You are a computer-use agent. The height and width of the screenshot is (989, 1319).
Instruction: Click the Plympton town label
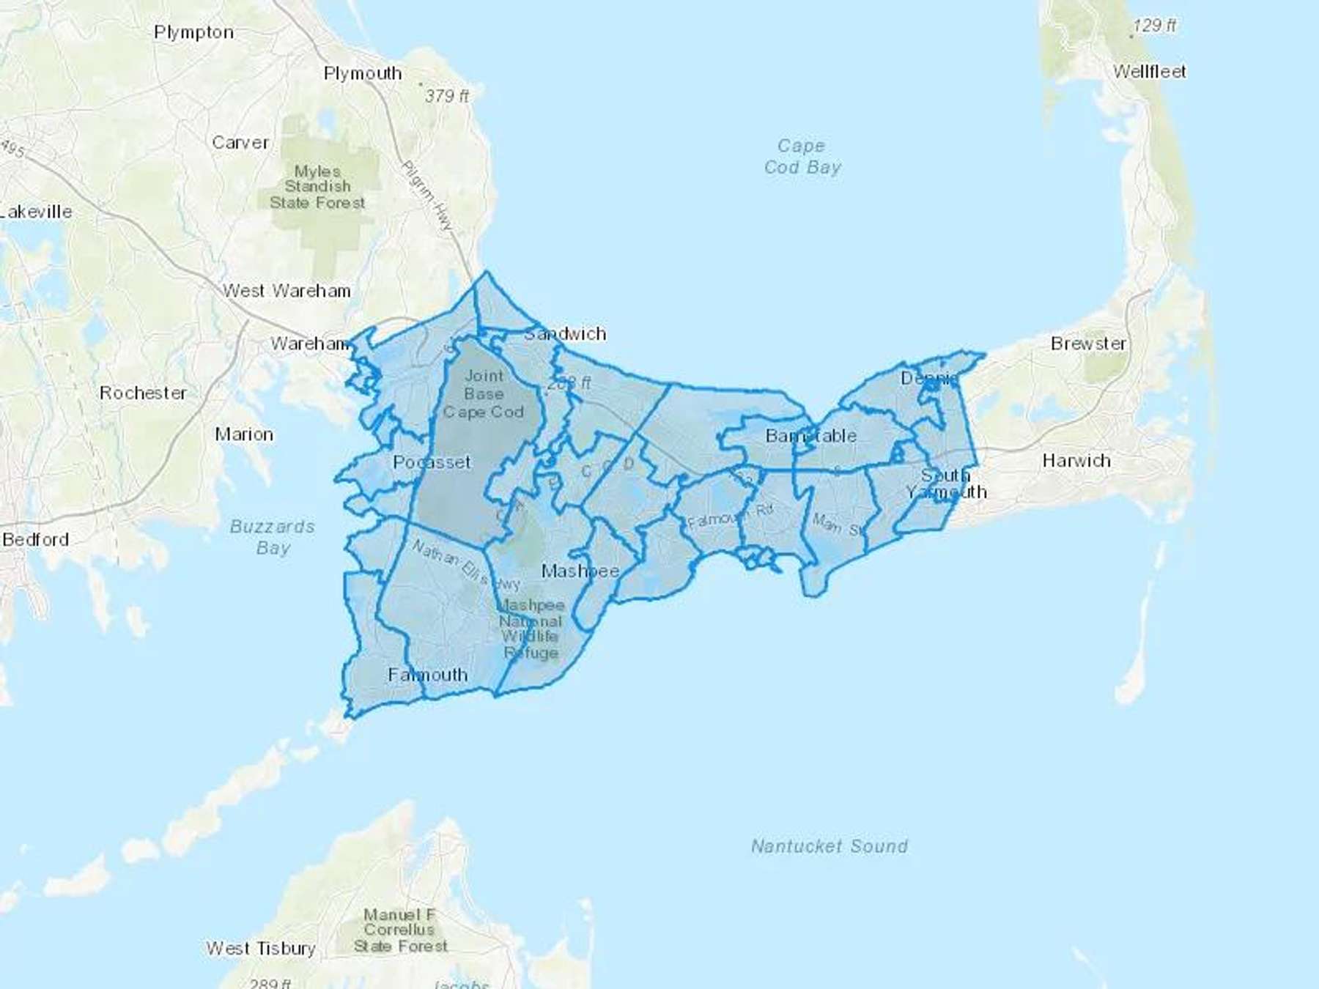(193, 32)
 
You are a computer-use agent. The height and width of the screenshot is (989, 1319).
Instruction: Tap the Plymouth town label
(363, 73)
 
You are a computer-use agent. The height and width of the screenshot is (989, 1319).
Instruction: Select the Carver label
(240, 142)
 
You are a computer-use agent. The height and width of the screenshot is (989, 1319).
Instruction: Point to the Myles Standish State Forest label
(317, 187)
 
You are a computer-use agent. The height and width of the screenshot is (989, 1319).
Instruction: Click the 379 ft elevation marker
(446, 95)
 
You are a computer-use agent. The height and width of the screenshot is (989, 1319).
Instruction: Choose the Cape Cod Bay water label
(802, 157)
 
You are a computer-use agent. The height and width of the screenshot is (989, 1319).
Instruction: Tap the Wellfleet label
(1149, 71)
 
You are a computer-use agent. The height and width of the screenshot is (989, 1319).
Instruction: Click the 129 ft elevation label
(1154, 25)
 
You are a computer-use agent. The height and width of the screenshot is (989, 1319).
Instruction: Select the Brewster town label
(1088, 343)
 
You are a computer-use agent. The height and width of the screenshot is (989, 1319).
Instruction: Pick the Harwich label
(1076, 461)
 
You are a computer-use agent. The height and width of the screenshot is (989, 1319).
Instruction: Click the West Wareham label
(287, 291)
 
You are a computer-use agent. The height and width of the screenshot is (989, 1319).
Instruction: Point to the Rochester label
(143, 393)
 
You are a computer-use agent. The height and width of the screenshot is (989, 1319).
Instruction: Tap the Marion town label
(244, 434)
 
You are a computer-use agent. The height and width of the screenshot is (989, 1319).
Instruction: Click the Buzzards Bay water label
(273, 537)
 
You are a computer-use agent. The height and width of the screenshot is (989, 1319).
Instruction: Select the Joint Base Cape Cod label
(484, 393)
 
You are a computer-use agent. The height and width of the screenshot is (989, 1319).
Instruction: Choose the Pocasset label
(432, 462)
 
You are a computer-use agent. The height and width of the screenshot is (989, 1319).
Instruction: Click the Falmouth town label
(427, 675)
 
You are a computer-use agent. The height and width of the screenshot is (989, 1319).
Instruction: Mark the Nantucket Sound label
(829, 846)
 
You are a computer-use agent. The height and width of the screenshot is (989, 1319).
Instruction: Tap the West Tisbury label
(261, 948)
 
